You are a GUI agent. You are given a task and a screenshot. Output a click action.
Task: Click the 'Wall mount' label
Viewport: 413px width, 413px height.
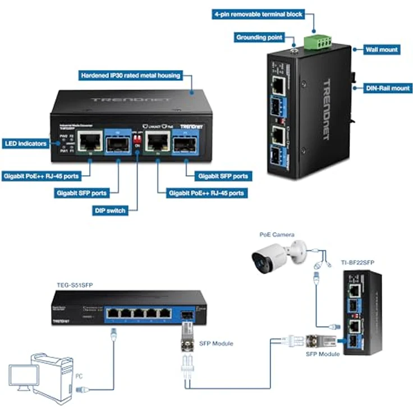382,49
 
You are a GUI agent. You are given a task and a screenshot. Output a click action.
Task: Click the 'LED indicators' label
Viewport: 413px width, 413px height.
25,144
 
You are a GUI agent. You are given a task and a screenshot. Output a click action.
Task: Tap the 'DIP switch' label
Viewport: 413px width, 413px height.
109,210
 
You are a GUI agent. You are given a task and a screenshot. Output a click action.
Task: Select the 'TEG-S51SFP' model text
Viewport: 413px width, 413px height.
75,285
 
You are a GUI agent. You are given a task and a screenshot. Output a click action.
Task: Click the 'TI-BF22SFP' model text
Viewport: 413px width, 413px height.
357,262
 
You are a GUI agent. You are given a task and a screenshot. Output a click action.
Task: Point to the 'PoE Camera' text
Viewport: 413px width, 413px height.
277,235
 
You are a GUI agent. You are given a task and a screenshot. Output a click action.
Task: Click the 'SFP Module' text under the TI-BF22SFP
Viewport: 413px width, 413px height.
323,355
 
